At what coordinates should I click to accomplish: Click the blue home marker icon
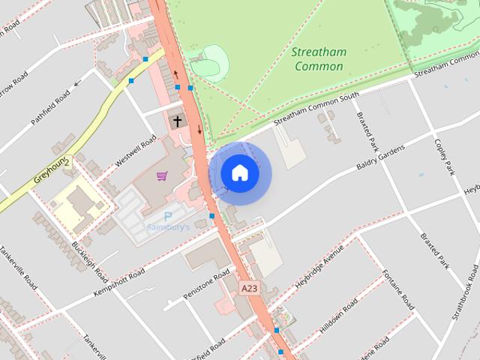click(239, 173)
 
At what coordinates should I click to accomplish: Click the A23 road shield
click(250, 287)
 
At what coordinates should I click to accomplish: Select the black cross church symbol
click(178, 120)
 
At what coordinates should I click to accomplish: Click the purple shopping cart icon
click(161, 176)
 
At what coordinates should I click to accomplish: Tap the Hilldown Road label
click(339, 317)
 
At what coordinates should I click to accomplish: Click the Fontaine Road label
click(397, 289)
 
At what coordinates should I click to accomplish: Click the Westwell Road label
click(136, 151)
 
